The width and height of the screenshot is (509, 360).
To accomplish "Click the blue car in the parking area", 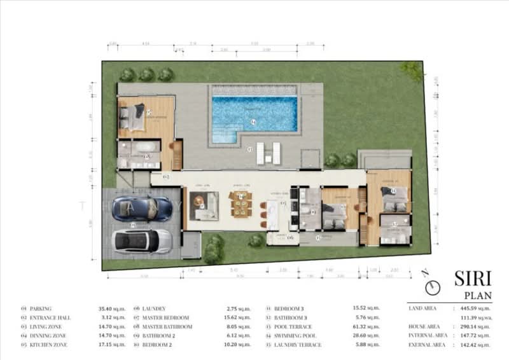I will (x=141, y=209).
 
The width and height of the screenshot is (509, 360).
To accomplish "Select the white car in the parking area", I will (x=141, y=241).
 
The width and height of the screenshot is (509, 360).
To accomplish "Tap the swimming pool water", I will (x=254, y=113).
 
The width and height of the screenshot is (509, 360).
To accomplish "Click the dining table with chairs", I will (x=241, y=204).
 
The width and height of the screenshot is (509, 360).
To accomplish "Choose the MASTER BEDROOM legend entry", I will (x=167, y=317).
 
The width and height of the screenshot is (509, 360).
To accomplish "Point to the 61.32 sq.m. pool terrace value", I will (x=365, y=326).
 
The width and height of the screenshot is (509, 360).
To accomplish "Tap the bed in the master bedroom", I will (x=134, y=117).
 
